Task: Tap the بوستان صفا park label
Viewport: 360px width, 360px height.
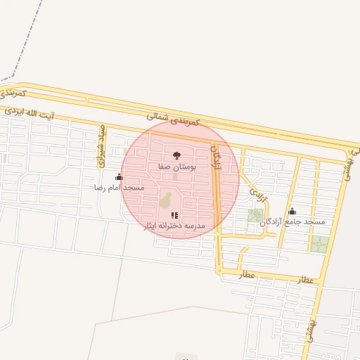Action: (x=176, y=168)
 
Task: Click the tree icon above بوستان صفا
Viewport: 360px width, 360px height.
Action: (x=176, y=155)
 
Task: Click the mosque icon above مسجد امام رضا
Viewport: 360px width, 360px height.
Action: (x=119, y=177)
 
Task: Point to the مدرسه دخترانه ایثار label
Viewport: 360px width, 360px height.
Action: (x=174, y=226)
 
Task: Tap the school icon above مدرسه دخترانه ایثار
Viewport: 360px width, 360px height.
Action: (x=174, y=215)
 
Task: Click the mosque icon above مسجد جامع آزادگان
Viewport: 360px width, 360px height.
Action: (x=292, y=212)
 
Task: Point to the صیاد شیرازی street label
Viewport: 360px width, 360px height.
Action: (x=101, y=146)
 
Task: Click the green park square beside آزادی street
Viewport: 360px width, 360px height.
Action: (x=255, y=215)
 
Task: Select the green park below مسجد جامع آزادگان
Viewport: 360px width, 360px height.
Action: (x=320, y=244)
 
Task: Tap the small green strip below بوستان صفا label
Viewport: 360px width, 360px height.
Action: (x=175, y=176)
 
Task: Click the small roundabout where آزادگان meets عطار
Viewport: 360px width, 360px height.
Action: (x=219, y=270)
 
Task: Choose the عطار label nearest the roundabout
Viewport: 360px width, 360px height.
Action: (x=246, y=276)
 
